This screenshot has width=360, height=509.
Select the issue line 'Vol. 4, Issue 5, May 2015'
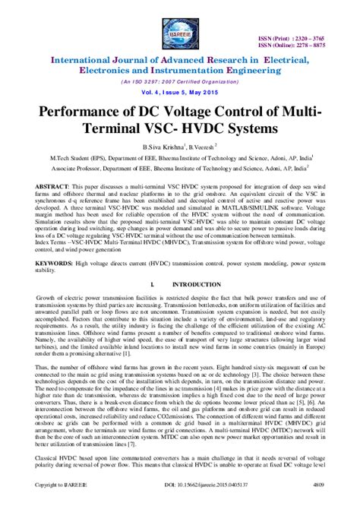(179, 92)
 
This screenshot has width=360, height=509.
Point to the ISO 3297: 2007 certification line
(179, 80)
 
